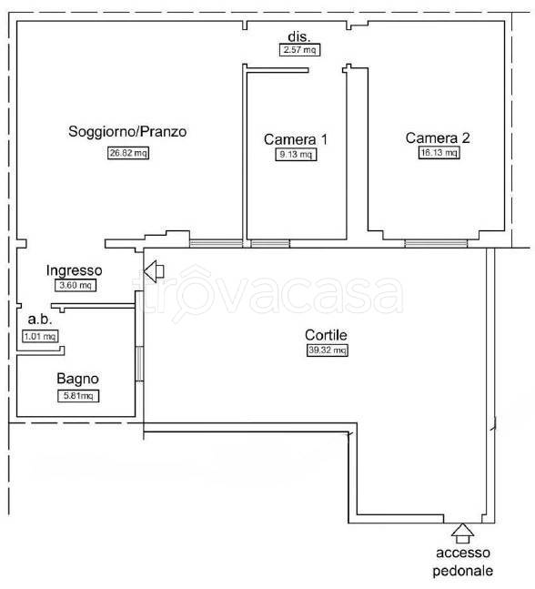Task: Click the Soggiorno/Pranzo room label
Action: pyautogui.click(x=127, y=132)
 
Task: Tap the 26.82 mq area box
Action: pyautogui.click(x=128, y=153)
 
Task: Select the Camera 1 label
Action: pyautogui.click(x=296, y=139)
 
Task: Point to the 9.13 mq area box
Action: pyautogui.click(x=296, y=154)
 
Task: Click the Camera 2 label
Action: pyautogui.click(x=438, y=137)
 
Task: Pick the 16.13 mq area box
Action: pyautogui.click(x=439, y=152)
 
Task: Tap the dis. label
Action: pyautogui.click(x=299, y=36)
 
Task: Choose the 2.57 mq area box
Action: pyautogui.click(x=299, y=49)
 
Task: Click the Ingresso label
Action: pyautogui.click(x=75, y=271)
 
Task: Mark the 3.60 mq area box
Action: pyautogui.click(x=76, y=285)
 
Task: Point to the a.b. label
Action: pyautogui.click(x=40, y=320)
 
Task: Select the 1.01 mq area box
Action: pyautogui.click(x=40, y=336)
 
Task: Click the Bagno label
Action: pyautogui.click(x=77, y=379)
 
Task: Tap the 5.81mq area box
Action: pyautogui.click(x=78, y=395)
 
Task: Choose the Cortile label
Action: pyautogui.click(x=326, y=335)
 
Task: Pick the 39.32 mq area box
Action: pyautogui.click(x=327, y=350)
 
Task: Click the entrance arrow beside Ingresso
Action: pyautogui.click(x=154, y=271)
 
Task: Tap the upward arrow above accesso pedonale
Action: pyautogui.click(x=462, y=533)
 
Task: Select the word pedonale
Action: pyautogui.click(x=462, y=571)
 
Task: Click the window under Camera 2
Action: pyautogui.click(x=436, y=243)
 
